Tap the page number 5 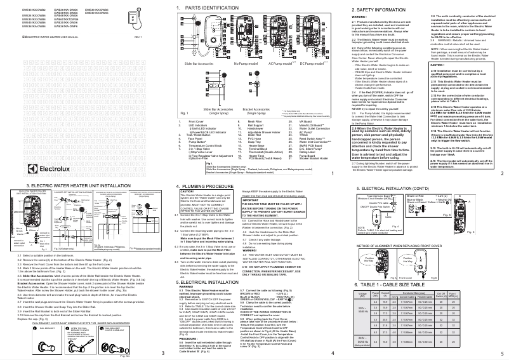(502, 353)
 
